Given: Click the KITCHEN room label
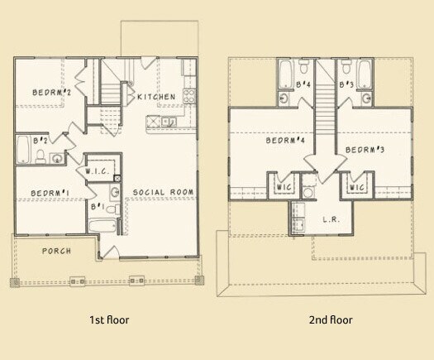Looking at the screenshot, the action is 156,97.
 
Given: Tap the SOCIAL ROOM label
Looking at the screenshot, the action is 164,192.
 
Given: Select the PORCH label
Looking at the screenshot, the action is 57,251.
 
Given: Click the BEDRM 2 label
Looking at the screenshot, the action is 52,93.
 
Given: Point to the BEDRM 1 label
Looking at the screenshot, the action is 50,193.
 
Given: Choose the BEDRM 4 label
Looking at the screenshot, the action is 285,140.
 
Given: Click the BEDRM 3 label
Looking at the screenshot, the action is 365,150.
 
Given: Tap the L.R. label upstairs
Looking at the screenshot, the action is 331,220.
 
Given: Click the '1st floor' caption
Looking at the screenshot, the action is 109,319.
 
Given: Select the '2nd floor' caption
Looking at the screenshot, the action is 331,319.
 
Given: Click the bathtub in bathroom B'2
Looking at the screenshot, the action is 23,149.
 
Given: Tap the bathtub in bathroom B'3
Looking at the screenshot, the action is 365,74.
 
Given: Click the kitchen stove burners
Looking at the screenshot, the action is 189,96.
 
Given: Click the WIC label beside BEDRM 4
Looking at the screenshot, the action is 284,187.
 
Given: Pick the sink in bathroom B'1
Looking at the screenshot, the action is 115,191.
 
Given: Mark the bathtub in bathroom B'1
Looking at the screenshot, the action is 103,227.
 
